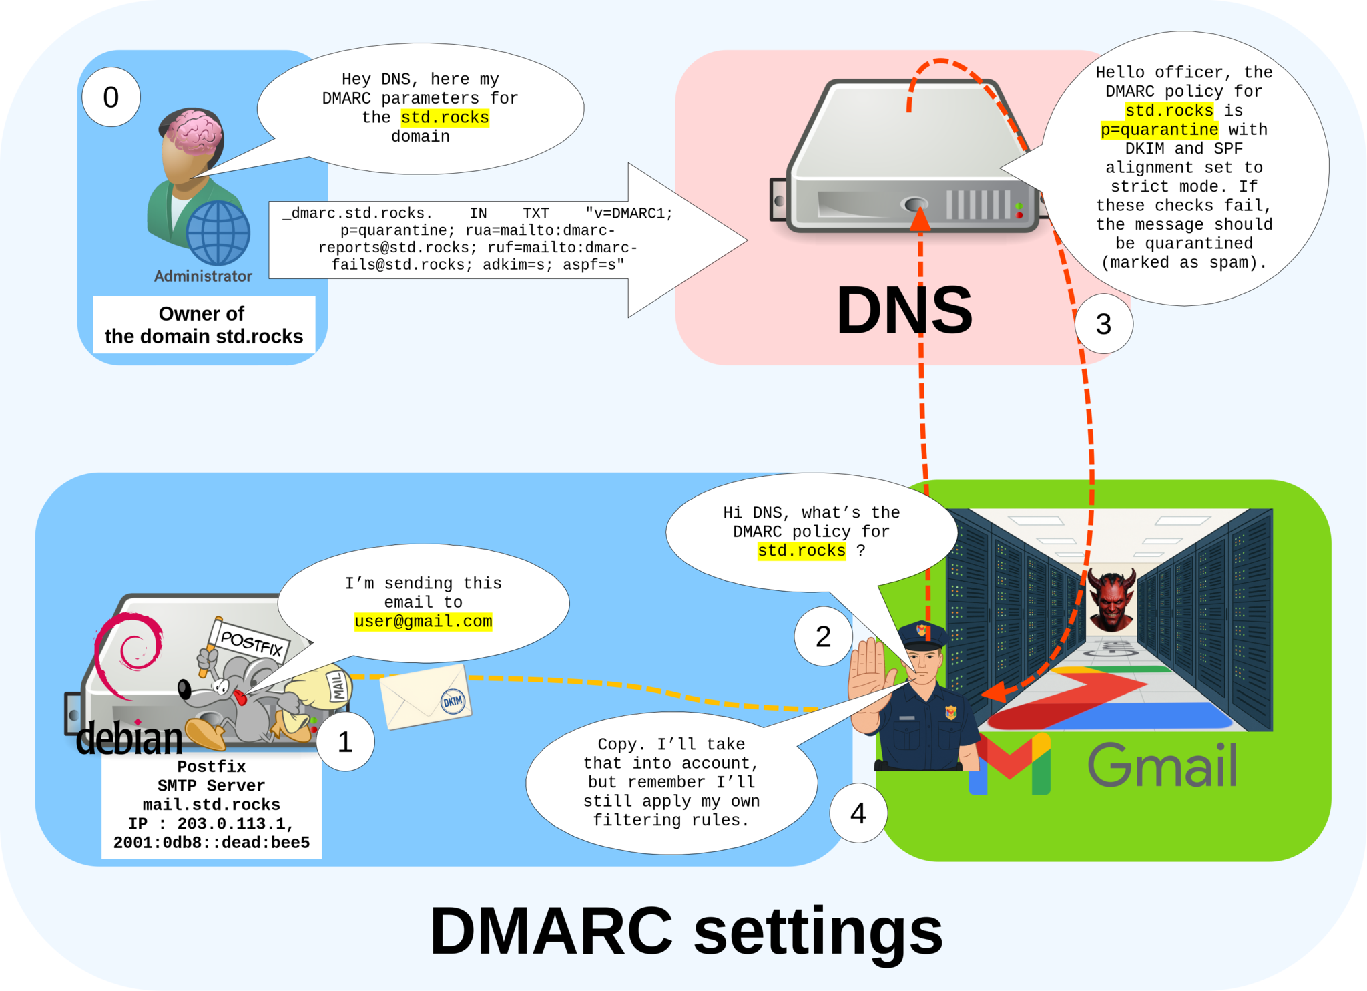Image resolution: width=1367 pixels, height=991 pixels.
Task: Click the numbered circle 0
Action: (x=111, y=97)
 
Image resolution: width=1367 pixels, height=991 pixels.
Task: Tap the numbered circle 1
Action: (x=345, y=742)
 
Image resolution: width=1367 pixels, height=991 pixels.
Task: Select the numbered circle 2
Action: (x=823, y=636)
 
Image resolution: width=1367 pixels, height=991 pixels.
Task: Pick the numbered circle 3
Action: (x=1103, y=324)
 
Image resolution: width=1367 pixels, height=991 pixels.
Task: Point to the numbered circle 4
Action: (x=858, y=813)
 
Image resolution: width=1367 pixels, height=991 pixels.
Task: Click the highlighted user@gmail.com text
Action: (x=423, y=622)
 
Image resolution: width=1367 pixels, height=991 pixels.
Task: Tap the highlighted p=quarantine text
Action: (x=1159, y=130)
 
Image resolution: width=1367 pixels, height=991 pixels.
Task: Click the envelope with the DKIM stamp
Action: (x=425, y=697)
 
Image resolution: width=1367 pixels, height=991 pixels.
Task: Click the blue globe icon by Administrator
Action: (x=218, y=233)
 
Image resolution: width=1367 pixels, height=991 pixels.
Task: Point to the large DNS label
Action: (x=904, y=311)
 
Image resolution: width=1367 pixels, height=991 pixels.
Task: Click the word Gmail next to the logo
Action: (x=1162, y=765)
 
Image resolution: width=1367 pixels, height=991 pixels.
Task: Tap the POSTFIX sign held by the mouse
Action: (x=251, y=642)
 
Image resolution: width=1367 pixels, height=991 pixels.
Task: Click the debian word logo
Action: (x=129, y=739)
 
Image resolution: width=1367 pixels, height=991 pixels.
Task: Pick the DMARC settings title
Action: (x=686, y=931)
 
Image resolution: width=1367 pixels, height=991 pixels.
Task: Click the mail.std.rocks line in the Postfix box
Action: (x=211, y=805)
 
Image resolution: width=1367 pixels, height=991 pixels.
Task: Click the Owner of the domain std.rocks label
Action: (x=204, y=325)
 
